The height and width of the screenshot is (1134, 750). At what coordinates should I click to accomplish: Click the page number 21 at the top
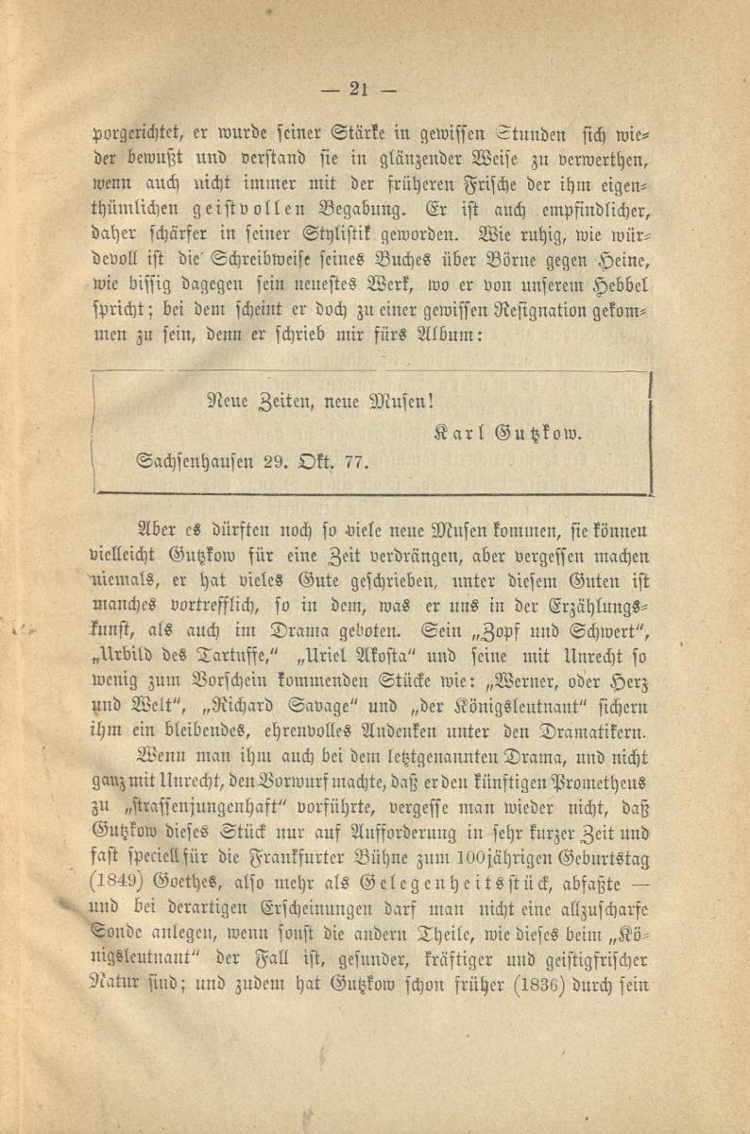(359, 90)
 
